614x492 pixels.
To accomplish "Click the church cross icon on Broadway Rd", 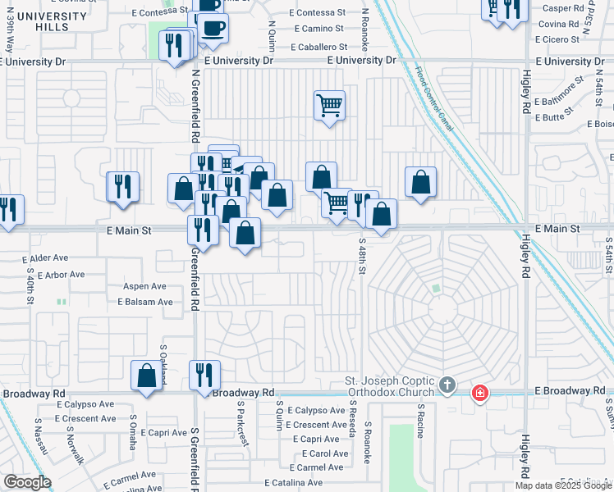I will pyautogui.click(x=447, y=385).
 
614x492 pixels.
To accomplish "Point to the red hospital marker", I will pyautogui.click(x=479, y=394).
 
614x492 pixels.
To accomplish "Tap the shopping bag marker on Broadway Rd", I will pyautogui.click(x=147, y=376).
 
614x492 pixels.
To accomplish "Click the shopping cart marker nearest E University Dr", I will pyautogui.click(x=329, y=105).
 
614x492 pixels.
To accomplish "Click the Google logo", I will pyautogui.click(x=27, y=482).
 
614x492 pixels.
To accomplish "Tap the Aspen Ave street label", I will pyautogui.click(x=144, y=286).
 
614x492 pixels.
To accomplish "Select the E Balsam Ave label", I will pyautogui.click(x=144, y=302).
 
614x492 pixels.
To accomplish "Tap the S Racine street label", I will pyautogui.click(x=421, y=419).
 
